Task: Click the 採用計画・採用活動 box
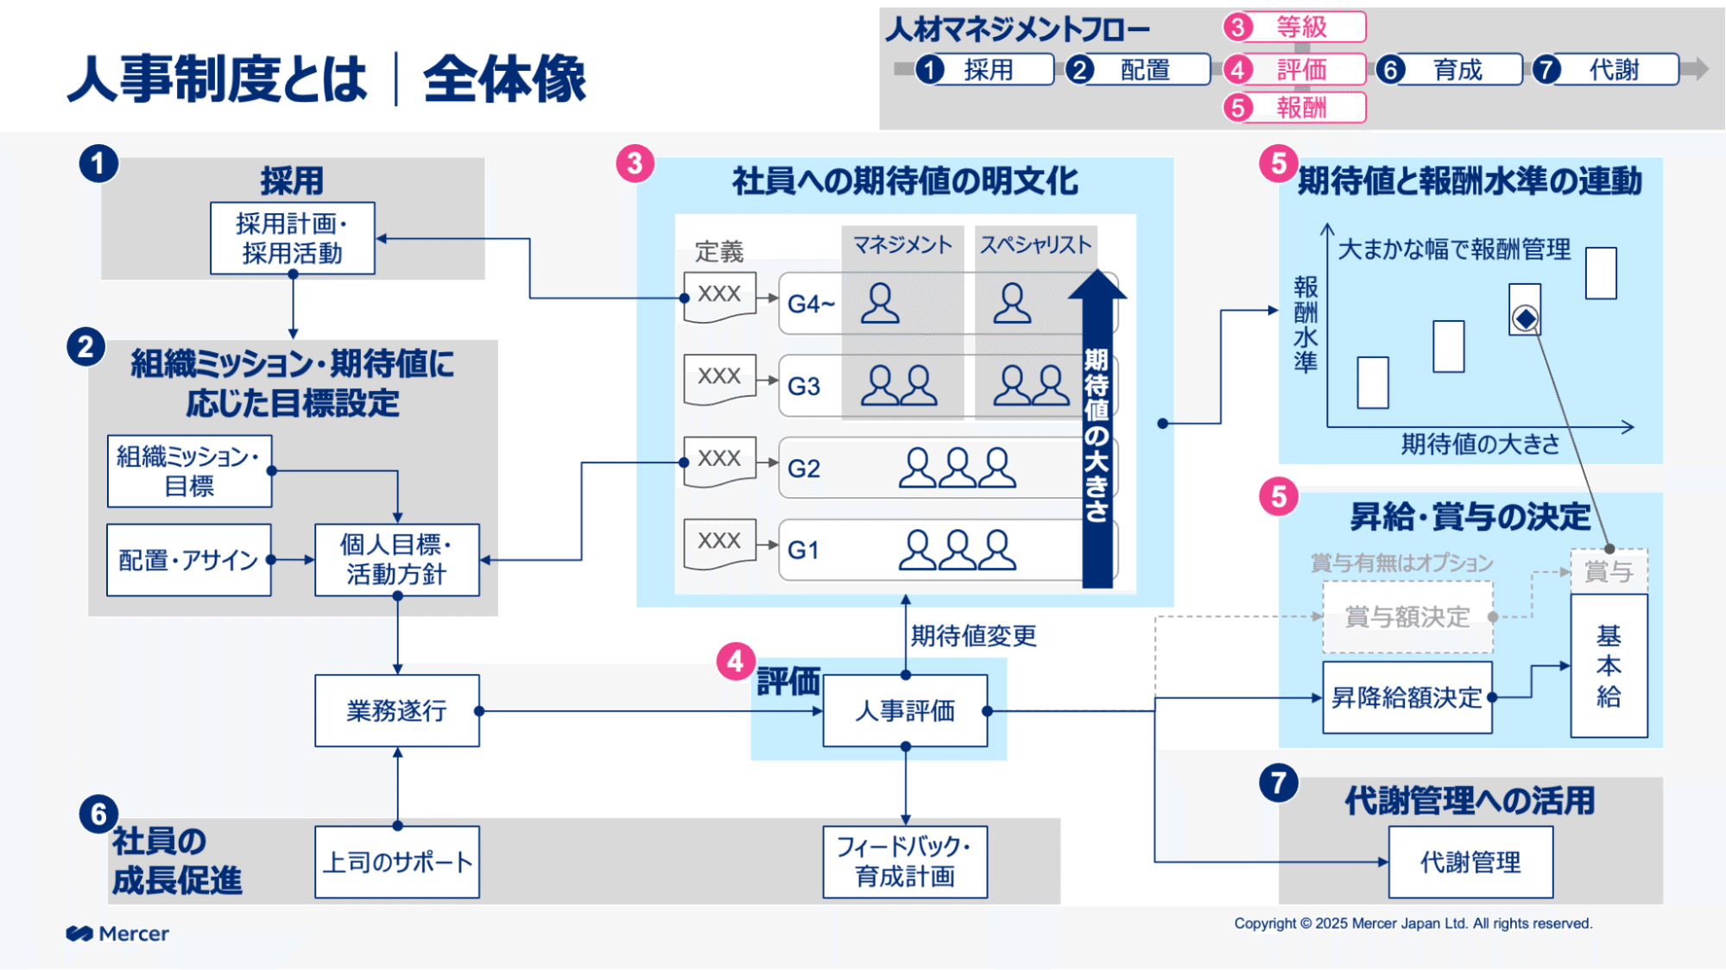pyautogui.click(x=292, y=238)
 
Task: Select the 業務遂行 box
pyautogui.click(x=396, y=710)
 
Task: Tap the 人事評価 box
pyautogui.click(x=904, y=710)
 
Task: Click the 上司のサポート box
pyautogui.click(x=396, y=862)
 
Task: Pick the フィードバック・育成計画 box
pyautogui.click(x=904, y=861)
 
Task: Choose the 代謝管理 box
pyautogui.click(x=1470, y=861)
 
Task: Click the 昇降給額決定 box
pyautogui.click(x=1406, y=697)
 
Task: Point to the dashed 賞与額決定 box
pyautogui.click(x=1407, y=617)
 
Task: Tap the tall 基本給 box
pyautogui.click(x=1608, y=665)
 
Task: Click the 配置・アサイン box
pyautogui.click(x=188, y=560)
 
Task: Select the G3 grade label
pyautogui.click(x=803, y=386)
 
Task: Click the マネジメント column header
pyautogui.click(x=902, y=244)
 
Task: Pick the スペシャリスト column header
pyautogui.click(x=1035, y=244)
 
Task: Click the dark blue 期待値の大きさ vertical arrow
pyautogui.click(x=1097, y=431)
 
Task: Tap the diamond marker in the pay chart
pyautogui.click(x=1525, y=318)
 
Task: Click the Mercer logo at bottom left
pyautogui.click(x=117, y=933)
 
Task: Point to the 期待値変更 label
pyautogui.click(x=973, y=636)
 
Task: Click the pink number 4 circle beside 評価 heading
pyautogui.click(x=735, y=661)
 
